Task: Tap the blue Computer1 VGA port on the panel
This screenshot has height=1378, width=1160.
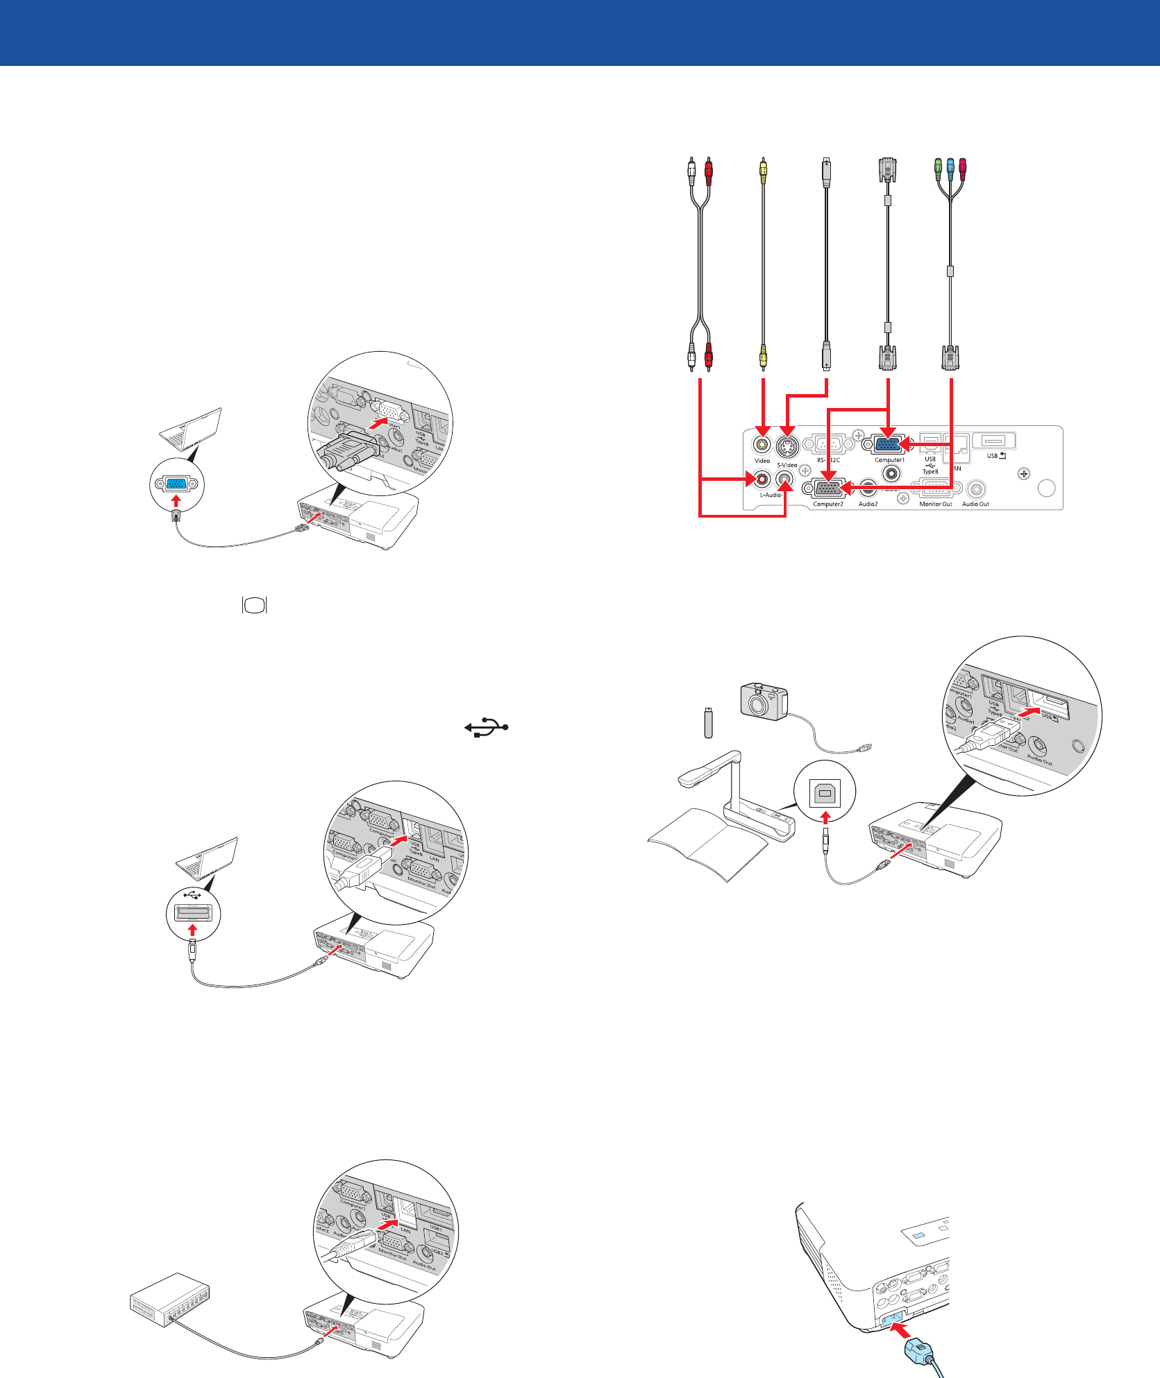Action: [889, 443]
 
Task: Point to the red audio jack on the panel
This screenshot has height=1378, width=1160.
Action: [763, 479]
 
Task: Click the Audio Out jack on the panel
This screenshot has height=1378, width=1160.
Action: [976, 489]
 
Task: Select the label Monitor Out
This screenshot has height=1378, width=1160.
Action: [935, 504]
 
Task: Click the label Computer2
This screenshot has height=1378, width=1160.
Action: [828, 504]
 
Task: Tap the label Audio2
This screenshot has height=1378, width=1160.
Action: [868, 504]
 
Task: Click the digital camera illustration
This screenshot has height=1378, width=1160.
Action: [764, 701]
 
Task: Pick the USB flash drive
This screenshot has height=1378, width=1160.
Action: [708, 722]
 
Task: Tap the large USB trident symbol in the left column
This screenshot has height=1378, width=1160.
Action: [487, 727]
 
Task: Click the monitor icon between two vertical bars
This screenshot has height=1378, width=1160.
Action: [255, 605]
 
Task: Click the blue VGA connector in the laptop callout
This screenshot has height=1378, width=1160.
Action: [176, 484]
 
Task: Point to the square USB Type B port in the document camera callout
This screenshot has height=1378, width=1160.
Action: [825, 791]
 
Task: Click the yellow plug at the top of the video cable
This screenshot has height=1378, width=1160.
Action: [763, 170]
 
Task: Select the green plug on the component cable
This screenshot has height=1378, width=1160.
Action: [937, 167]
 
